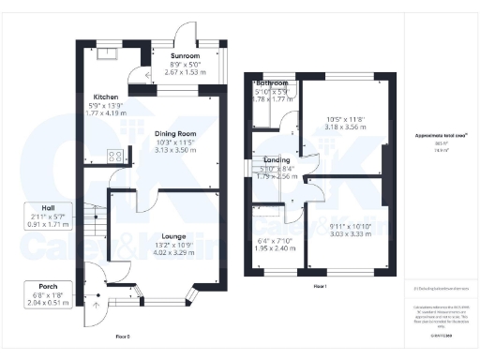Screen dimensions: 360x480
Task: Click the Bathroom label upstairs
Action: click(x=273, y=83)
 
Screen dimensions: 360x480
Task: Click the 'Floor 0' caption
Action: click(x=122, y=335)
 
